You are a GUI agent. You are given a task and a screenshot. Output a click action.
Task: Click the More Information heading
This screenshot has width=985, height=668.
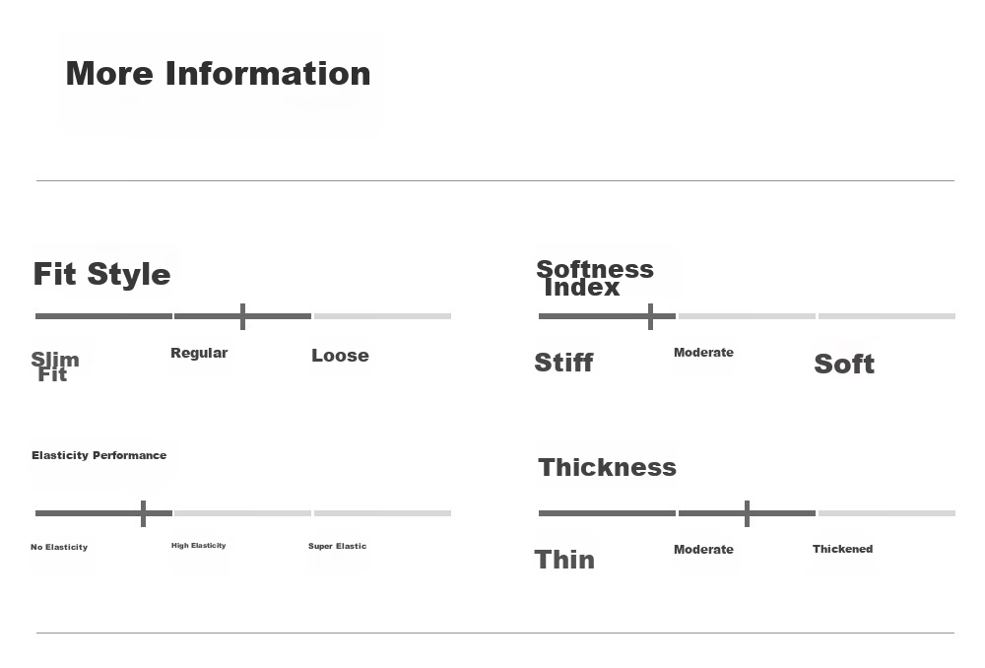(218, 74)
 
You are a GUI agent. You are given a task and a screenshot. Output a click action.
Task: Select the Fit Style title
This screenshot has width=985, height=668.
(101, 275)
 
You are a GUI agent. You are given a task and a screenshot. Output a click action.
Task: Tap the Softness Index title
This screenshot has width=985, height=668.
(595, 278)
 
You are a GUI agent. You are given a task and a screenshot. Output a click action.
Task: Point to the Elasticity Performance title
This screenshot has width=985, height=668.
(99, 455)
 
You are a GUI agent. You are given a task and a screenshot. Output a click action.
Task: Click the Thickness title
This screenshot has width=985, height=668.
(608, 468)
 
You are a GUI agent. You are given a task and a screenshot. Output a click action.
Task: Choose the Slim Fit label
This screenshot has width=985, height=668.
(55, 367)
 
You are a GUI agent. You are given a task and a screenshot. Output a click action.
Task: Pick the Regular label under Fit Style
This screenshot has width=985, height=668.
(199, 353)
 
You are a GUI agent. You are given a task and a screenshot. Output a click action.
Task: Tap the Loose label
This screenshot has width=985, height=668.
(340, 355)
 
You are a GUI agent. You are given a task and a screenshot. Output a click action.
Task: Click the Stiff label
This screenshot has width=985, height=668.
(563, 363)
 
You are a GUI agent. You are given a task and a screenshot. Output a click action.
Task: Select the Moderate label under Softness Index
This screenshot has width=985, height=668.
(703, 353)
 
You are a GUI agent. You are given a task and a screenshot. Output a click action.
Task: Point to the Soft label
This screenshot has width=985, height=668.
(844, 364)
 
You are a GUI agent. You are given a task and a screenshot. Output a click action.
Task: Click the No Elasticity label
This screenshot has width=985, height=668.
(59, 547)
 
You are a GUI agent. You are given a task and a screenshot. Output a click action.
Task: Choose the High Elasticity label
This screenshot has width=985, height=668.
(199, 546)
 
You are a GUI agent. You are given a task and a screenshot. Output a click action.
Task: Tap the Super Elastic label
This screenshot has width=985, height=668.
(337, 546)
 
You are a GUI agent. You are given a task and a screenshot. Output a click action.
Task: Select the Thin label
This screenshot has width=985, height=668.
(564, 560)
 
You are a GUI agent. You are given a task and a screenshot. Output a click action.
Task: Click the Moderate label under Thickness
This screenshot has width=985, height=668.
(703, 549)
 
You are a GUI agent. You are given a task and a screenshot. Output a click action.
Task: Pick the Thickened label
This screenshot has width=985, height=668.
(842, 549)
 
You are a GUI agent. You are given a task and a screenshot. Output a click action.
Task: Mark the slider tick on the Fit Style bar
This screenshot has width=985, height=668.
(242, 316)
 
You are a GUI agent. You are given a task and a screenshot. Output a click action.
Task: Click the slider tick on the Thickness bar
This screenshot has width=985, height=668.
(747, 513)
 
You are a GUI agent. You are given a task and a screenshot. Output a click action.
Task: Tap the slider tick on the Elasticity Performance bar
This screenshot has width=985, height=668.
(143, 513)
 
